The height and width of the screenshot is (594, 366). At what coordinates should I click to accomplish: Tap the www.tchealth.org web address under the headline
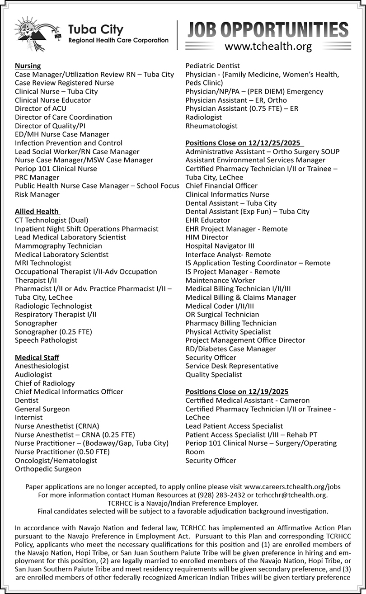click(x=268, y=46)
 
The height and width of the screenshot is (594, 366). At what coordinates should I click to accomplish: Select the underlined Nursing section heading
click(x=28, y=66)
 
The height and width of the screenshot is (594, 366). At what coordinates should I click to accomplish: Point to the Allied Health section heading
click(x=37, y=211)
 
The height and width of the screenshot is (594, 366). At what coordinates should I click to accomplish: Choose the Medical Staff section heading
click(x=37, y=358)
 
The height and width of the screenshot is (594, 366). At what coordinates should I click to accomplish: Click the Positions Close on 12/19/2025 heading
click(x=237, y=391)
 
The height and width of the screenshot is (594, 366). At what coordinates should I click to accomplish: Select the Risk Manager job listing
click(x=37, y=194)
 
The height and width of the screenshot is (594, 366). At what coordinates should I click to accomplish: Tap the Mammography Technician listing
click(x=58, y=246)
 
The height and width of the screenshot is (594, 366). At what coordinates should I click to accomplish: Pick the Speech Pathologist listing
click(x=46, y=340)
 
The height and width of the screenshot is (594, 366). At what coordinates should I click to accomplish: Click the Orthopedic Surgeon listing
click(x=48, y=469)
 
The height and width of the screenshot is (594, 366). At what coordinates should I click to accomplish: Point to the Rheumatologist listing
click(x=211, y=126)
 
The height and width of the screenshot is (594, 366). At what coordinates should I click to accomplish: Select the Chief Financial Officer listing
click(x=221, y=186)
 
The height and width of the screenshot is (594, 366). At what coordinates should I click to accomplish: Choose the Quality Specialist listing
click(x=213, y=374)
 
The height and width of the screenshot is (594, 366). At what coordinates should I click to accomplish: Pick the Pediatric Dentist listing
click(x=212, y=66)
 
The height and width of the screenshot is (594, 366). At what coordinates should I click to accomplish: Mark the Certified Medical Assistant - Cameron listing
click(x=248, y=400)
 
